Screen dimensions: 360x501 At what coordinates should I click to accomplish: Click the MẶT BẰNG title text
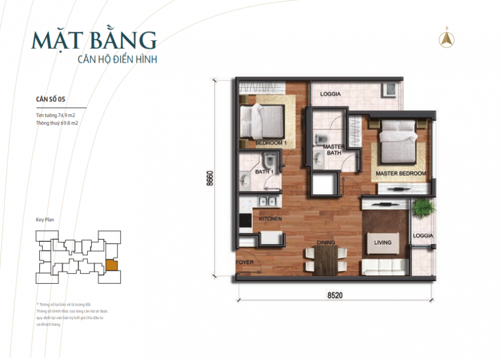[x=94, y=40]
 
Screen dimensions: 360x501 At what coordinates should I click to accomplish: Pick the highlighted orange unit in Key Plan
[x=112, y=265]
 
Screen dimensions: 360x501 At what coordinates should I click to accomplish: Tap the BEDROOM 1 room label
[x=271, y=143]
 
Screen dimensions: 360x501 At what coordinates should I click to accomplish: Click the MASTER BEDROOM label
[x=401, y=174]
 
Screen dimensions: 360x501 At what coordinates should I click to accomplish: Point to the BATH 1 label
[x=264, y=171]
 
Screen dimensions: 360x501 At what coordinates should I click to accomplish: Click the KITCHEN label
[x=270, y=218]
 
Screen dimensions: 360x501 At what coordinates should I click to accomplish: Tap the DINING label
[x=325, y=242]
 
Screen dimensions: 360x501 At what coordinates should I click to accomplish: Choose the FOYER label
[x=244, y=261]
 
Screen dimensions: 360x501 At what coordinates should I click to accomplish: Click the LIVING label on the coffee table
[x=382, y=242]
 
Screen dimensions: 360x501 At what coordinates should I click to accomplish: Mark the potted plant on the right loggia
[x=423, y=209]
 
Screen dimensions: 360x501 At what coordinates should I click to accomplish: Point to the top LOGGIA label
[x=330, y=94]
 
